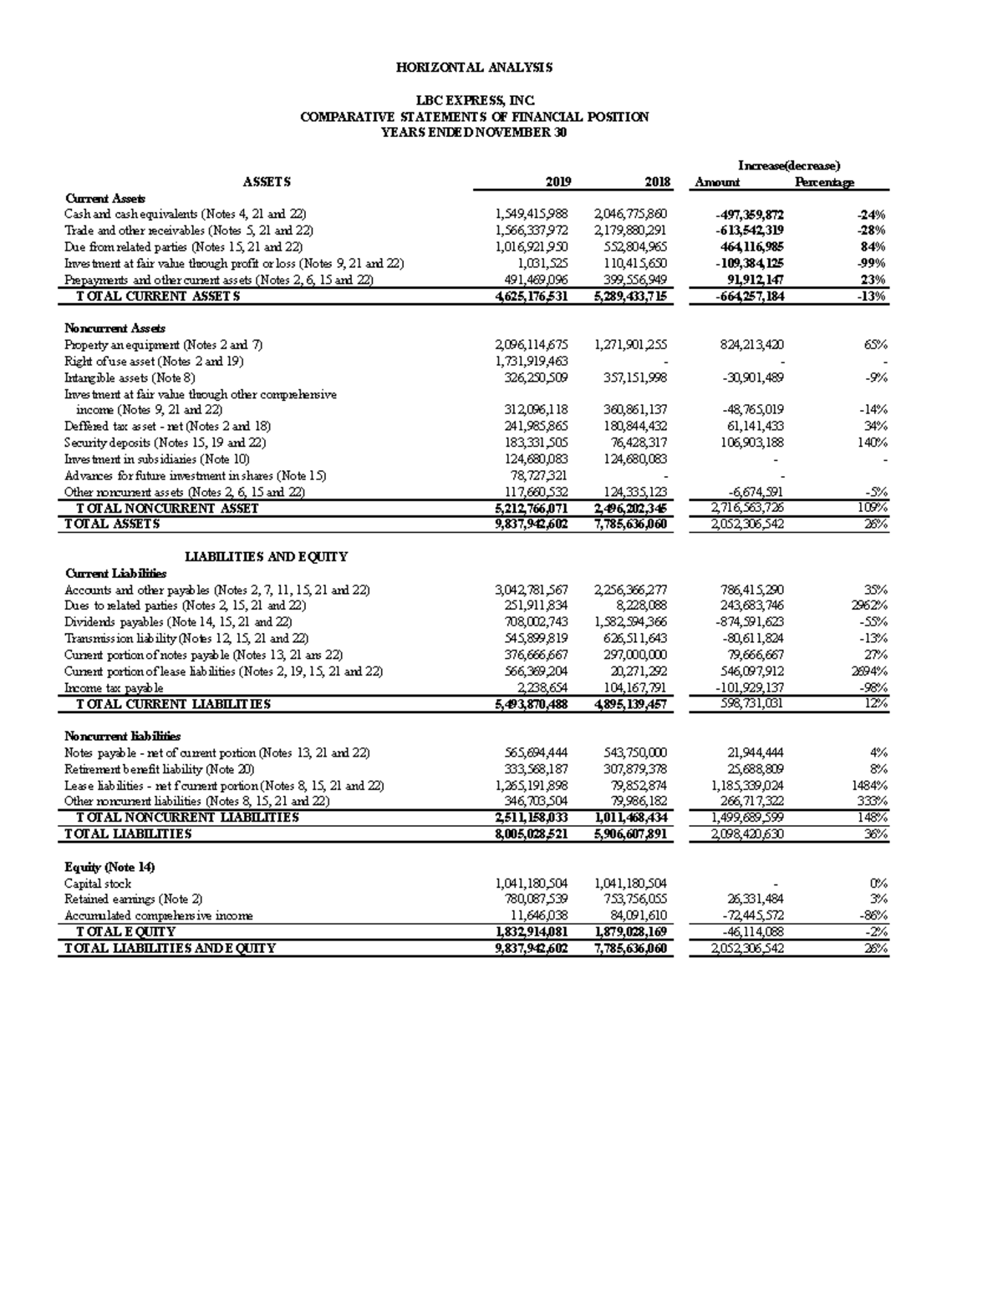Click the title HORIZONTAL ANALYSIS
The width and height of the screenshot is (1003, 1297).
click(474, 68)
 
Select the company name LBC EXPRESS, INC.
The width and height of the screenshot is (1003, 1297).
click(474, 101)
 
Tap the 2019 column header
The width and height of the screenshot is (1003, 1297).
click(558, 182)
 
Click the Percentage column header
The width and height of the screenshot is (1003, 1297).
click(824, 182)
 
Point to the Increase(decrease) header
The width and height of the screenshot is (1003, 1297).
click(788, 165)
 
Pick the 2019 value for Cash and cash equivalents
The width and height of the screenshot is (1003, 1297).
click(532, 215)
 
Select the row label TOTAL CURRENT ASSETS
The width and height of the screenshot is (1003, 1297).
click(159, 296)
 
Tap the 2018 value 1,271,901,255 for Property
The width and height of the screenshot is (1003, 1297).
click(630, 345)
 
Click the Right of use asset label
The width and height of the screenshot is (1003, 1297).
click(154, 362)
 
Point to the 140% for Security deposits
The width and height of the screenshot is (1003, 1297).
click(872, 443)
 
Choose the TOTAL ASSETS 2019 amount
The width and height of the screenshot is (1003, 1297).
click(532, 524)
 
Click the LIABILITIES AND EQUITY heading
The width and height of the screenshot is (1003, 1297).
click(266, 557)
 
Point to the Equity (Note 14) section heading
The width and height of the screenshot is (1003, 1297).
click(109, 867)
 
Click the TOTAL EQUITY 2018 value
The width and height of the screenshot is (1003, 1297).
click(630, 932)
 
